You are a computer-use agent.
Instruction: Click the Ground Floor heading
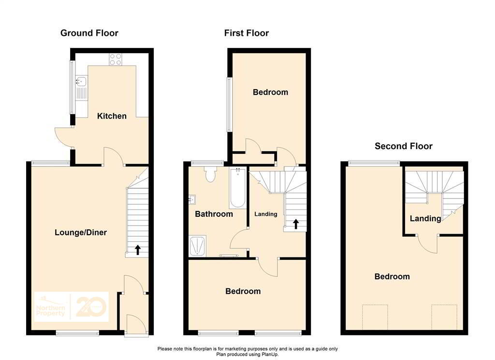pos(89,33)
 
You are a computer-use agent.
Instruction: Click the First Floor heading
pos(246,33)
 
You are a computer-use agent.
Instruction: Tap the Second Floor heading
pos(404,146)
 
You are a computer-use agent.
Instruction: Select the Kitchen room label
pos(112,116)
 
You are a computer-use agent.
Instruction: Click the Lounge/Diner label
pos(80,233)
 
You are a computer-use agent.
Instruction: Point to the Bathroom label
pos(214,214)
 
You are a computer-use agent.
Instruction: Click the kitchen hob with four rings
pos(116,59)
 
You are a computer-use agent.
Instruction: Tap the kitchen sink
pos(80,83)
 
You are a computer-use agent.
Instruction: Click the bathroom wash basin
pos(192,199)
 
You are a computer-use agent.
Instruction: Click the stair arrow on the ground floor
pos(138,250)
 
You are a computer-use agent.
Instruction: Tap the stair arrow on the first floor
pos(295,224)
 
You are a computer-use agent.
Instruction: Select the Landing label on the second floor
pos(425,219)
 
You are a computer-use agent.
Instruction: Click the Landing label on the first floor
pos(266,214)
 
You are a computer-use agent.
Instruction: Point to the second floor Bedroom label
pos(392,277)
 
